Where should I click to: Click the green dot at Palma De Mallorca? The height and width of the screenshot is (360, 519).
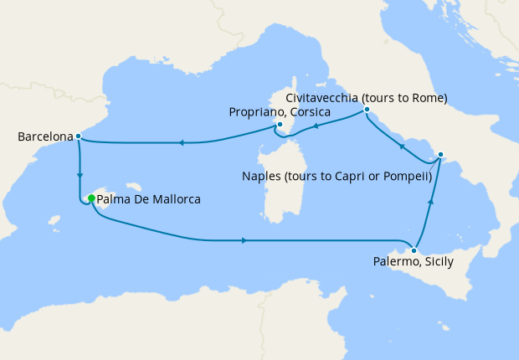90,198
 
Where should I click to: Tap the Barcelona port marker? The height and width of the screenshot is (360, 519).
78,136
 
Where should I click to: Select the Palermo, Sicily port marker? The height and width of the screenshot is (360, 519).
414,250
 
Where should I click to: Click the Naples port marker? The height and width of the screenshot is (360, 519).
441,155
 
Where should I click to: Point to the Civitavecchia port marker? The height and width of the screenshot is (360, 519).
367,110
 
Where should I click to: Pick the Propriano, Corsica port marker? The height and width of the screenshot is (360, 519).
280,126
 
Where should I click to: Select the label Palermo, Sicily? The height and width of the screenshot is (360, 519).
413,262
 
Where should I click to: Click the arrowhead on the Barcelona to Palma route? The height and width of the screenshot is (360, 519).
80,176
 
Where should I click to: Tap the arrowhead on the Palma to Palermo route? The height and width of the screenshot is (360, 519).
243,240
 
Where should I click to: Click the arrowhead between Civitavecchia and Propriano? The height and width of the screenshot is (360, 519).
316,127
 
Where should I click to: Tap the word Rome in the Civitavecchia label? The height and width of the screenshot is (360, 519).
429,98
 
